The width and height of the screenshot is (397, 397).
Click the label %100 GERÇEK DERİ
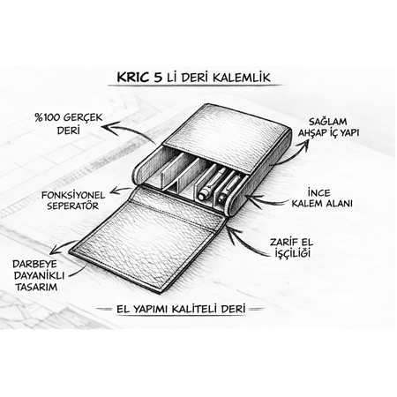coord(69,124)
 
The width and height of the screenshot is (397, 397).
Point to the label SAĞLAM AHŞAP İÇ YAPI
coord(328,127)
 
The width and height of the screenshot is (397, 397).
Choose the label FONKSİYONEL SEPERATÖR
coord(73,200)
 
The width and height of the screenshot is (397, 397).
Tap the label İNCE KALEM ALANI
coord(322,198)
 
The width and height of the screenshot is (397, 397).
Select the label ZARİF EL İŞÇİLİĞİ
coord(291,248)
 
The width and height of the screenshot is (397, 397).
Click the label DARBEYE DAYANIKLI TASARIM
coord(39,275)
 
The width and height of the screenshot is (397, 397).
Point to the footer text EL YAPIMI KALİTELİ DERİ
coord(181,309)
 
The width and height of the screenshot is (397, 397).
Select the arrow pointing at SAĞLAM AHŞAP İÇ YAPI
coord(294,153)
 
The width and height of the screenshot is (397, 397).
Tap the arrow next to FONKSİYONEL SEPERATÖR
coord(121,190)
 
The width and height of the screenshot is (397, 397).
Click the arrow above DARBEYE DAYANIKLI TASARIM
coord(62,247)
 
